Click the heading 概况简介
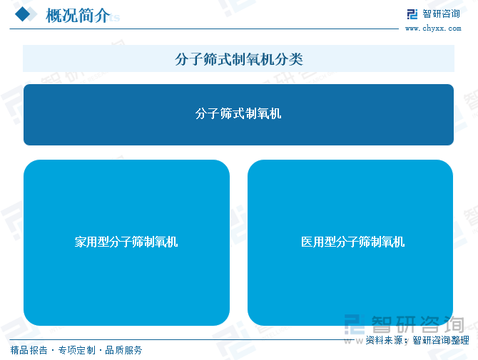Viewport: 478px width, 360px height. coord(78,15)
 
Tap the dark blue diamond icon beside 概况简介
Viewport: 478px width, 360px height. coord(22,14)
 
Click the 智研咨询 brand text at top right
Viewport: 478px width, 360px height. coord(441,14)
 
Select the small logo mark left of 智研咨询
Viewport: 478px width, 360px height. coord(412,14)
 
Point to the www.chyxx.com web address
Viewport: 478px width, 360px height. coord(433,29)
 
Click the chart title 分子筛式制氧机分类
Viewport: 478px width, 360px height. coord(239,59)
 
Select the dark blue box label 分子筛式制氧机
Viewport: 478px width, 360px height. coord(238,113)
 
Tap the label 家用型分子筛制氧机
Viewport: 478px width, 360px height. coord(126,242)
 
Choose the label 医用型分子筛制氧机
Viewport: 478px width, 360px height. coord(352,242)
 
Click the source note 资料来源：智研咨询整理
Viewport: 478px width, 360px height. coord(417,340)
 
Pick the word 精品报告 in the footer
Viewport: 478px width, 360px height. coord(29,350)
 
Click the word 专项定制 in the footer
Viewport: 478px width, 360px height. coord(77,350)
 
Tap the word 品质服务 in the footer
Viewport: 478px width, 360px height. coord(123,350)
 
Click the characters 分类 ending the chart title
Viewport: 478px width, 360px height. coord(289,59)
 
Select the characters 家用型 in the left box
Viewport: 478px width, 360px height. coord(92,242)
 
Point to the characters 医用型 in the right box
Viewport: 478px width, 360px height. coord(318,242)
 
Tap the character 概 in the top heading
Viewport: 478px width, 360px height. coord(54,15)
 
